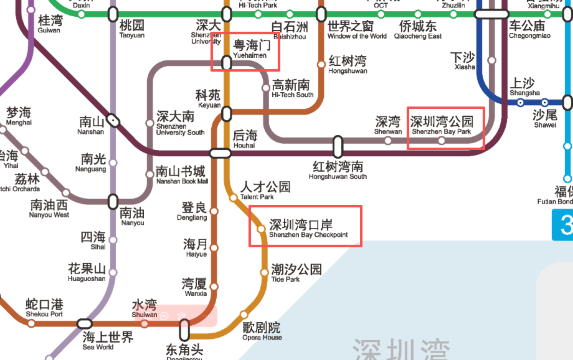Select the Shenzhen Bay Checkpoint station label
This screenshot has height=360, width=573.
(308, 228)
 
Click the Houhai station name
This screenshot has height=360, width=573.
(244, 139)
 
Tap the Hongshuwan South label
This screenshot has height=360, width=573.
(339, 170)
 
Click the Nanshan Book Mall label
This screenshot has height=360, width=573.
(181, 175)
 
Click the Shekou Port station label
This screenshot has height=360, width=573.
(43, 308)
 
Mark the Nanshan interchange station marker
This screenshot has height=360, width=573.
(115, 120)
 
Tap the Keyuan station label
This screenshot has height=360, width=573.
(208, 99)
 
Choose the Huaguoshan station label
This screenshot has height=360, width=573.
(86, 273)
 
